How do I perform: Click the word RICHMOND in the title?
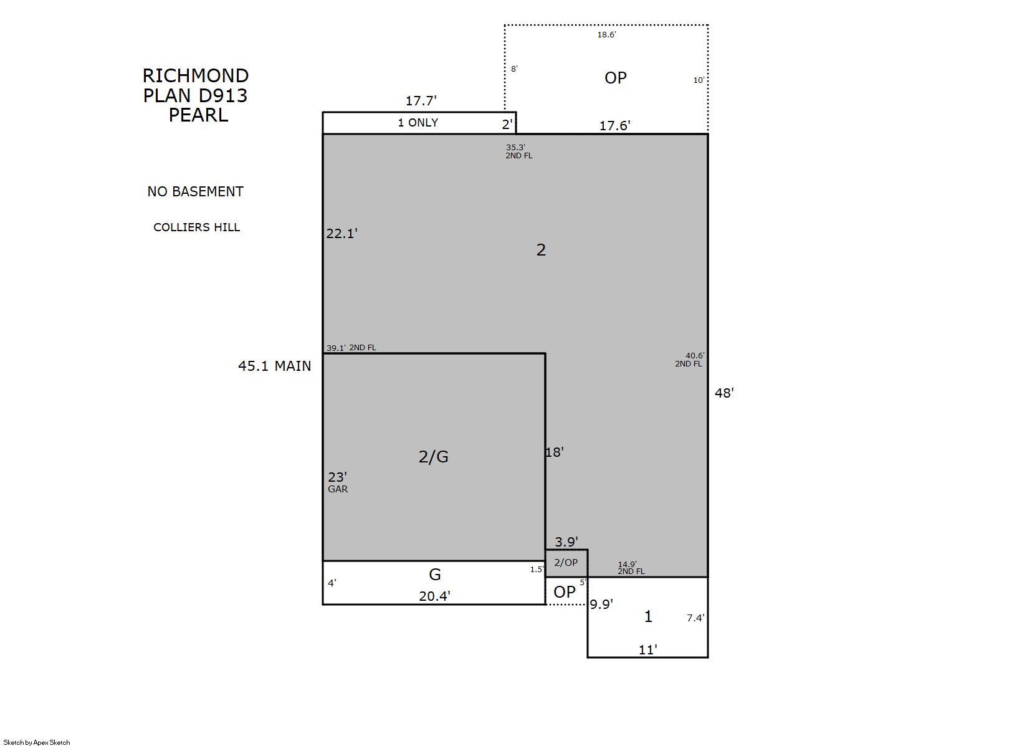(x=196, y=75)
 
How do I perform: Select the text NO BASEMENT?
(x=195, y=191)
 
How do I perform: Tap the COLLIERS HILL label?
(x=196, y=227)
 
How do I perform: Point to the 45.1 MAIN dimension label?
(x=275, y=366)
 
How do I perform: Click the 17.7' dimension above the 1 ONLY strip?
(x=421, y=100)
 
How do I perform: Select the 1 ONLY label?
(x=418, y=123)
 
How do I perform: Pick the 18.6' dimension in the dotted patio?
(x=606, y=34)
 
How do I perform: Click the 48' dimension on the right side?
(x=724, y=393)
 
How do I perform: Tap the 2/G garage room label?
(x=433, y=456)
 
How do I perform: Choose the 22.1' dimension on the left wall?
(x=342, y=233)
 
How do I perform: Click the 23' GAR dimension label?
(x=338, y=482)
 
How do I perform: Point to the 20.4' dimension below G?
(x=434, y=596)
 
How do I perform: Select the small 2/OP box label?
(x=566, y=563)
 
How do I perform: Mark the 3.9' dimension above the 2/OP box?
(x=566, y=542)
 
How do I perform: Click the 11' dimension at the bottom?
(x=648, y=650)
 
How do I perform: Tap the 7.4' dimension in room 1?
(x=695, y=618)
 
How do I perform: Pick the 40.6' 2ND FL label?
(x=689, y=360)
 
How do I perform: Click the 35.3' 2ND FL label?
(x=519, y=151)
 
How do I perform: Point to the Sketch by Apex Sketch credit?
(x=37, y=742)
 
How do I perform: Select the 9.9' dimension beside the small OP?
(x=601, y=604)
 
